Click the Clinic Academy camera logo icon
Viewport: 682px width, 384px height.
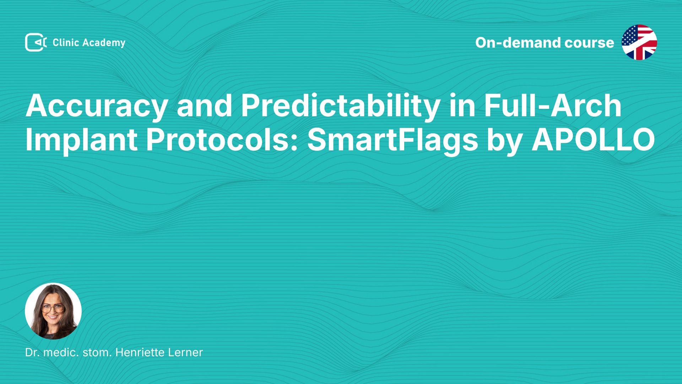point(36,42)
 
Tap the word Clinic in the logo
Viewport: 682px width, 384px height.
point(66,43)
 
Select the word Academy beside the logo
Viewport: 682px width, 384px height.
point(104,43)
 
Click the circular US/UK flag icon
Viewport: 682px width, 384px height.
point(639,42)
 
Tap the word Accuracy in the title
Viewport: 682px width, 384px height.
point(96,107)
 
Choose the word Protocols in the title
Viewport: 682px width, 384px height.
point(222,140)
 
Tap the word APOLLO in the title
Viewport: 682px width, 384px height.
point(593,140)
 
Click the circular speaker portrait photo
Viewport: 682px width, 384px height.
point(53,311)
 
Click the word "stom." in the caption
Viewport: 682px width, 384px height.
point(97,353)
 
